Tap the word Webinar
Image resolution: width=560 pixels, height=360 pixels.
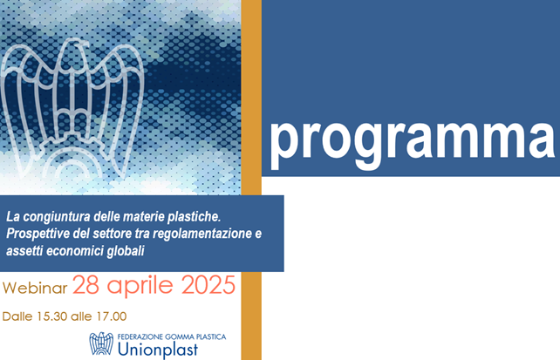35,289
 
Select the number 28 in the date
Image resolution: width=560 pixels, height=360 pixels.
85,285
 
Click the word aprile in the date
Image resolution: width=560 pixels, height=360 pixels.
140,287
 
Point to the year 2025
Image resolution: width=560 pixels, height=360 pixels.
208,285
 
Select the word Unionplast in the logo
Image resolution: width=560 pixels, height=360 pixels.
158,350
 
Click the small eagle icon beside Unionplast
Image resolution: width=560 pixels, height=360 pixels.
101,343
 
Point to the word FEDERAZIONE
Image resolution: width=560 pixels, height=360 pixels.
140,336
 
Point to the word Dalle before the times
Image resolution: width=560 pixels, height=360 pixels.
17,316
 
